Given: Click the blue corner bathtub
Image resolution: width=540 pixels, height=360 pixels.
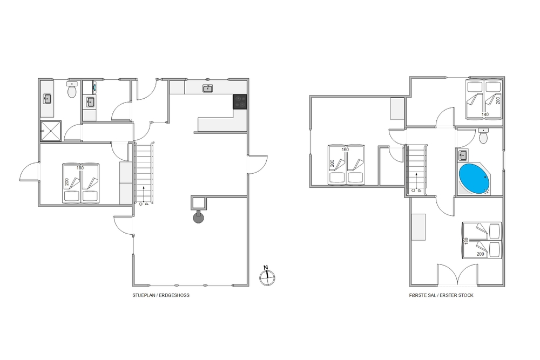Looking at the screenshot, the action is point(474,178).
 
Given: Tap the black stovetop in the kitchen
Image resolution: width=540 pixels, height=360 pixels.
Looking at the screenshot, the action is point(240,101).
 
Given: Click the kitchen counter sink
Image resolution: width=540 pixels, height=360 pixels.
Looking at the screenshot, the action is point(207,89).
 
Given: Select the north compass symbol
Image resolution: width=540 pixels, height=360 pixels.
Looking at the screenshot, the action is point(267,277).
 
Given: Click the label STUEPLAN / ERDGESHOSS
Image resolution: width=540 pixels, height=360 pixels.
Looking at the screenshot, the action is point(161,295).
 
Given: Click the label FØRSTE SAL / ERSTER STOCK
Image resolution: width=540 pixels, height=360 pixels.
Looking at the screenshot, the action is point(441,295).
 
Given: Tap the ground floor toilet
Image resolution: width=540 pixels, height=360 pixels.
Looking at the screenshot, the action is point(72,90).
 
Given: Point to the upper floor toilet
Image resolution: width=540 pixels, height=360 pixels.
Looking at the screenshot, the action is point(483,136).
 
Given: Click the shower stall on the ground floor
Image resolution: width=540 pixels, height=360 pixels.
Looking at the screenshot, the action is point(51,131).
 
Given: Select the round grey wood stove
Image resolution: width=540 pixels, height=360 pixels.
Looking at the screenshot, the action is point(198,217).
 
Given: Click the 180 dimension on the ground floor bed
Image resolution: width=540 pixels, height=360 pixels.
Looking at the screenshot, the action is point(80,168).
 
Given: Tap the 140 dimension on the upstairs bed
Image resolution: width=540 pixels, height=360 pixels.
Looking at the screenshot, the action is point(485,114).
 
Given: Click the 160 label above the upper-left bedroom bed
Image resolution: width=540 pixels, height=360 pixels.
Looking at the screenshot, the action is point(345,150).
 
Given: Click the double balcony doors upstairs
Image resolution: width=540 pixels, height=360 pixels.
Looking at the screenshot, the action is point(457,275).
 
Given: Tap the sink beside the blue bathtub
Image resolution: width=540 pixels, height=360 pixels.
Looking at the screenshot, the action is point(463,155).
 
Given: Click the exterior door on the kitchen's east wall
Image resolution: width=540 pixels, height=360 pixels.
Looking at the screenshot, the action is point(258,165).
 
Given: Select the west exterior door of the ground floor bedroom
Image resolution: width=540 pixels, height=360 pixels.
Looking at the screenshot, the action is point(30,171).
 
